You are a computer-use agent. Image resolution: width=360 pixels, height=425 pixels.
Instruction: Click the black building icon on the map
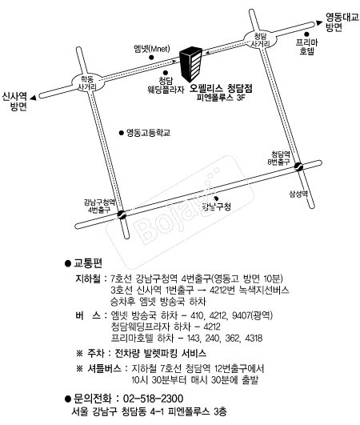pos(191,62)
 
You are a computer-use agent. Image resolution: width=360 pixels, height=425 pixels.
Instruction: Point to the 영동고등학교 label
pos(148,132)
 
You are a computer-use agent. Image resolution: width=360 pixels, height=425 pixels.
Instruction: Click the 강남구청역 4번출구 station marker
pos(121,214)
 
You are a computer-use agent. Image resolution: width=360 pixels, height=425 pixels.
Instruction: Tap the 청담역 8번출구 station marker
pos(298,167)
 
